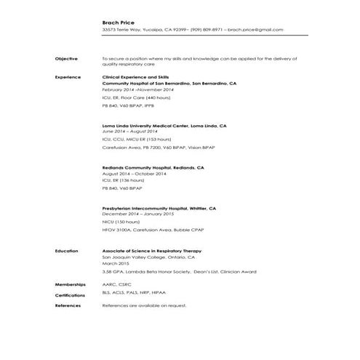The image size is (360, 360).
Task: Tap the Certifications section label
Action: (x=71, y=296)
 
